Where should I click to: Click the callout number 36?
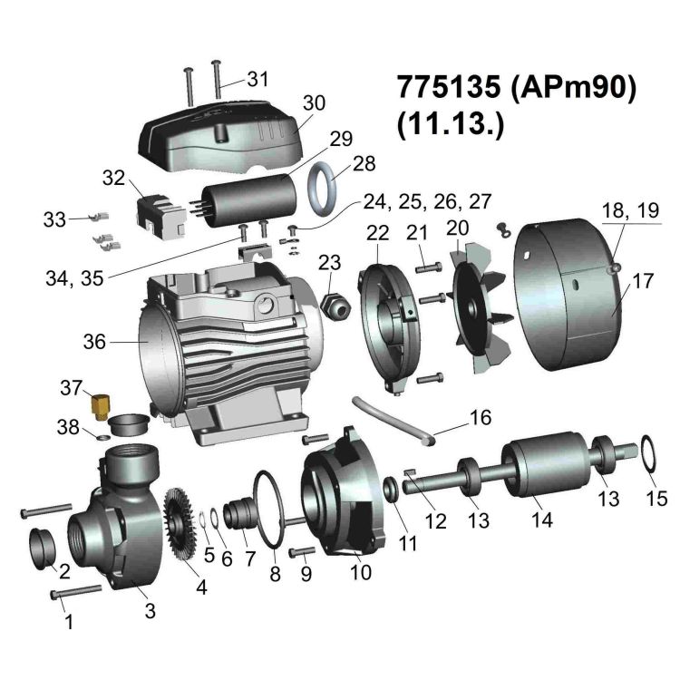point(95,343)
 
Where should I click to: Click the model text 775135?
point(447,89)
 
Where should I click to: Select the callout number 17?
point(643,282)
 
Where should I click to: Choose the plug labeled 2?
point(47,547)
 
